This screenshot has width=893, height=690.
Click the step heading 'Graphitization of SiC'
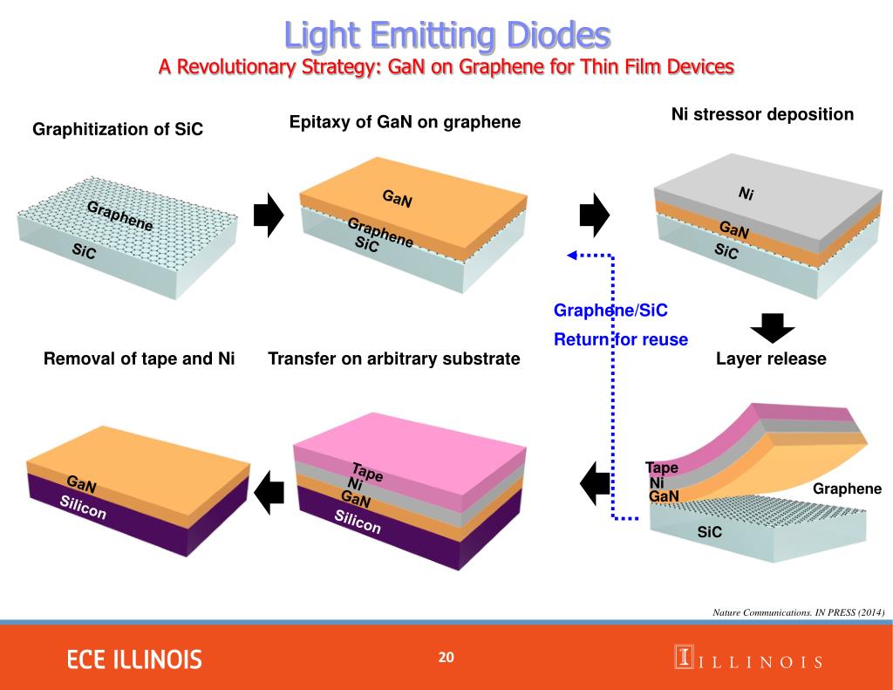click(118, 129)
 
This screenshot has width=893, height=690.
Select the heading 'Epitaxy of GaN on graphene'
click(405, 122)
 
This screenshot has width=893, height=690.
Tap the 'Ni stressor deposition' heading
click(762, 114)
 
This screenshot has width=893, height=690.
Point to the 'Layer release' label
click(771, 359)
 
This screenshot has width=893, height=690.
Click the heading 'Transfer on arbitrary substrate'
click(394, 359)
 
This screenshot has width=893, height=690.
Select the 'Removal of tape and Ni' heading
click(140, 359)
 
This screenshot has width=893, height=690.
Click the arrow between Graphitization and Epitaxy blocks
click(269, 215)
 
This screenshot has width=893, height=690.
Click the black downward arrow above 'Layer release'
click(773, 327)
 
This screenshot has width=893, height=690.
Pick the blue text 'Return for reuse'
click(621, 339)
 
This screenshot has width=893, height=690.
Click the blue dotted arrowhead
click(573, 256)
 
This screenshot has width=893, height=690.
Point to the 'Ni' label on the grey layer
click(746, 194)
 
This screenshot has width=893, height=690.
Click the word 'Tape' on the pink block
click(367, 471)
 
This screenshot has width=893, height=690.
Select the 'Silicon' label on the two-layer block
click(83, 508)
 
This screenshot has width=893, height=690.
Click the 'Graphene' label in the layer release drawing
click(847, 488)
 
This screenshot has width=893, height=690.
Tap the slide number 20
click(446, 657)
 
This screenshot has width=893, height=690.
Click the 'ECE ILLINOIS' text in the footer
click(134, 659)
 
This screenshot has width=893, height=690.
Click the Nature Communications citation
click(799, 612)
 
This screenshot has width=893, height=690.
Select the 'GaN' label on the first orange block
click(397, 199)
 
